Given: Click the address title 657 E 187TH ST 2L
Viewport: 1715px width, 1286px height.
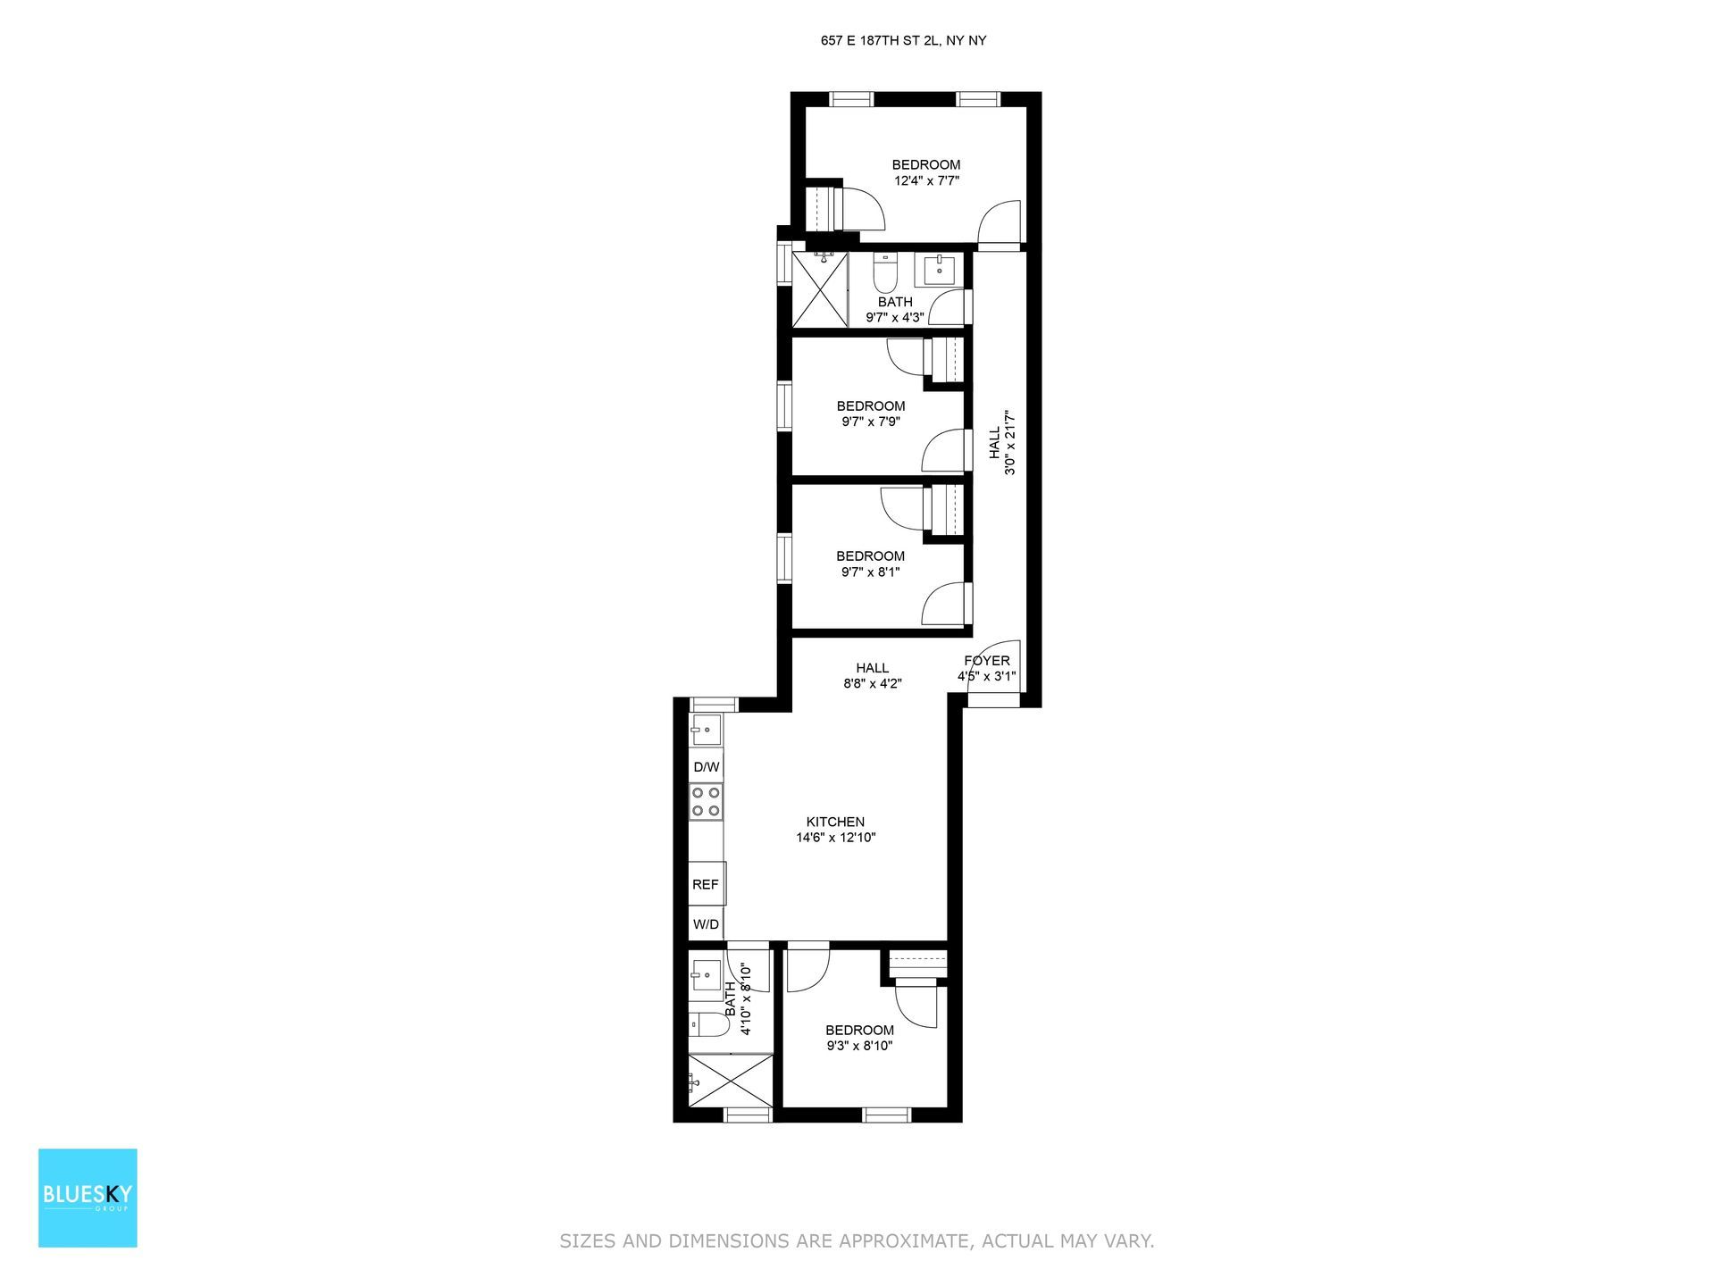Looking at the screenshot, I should pos(903,40).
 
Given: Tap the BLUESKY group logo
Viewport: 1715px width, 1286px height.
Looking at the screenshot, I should pos(88,1198).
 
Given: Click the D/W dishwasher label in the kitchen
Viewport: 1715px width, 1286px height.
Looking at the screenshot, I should pos(706,767).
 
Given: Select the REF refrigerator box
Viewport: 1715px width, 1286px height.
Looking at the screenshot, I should pos(706,884).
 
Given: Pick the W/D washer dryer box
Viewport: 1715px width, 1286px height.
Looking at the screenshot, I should pos(706,924).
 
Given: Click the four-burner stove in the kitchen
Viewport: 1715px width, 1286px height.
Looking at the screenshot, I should pos(706,801).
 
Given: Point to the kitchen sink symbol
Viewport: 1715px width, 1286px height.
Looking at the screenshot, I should pos(706,730).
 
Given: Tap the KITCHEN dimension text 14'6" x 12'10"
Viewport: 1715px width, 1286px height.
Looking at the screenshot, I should pos(835,838).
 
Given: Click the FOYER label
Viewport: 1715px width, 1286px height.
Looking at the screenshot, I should pos(986,661).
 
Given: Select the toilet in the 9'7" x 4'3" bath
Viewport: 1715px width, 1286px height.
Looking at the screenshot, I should pos(885,274).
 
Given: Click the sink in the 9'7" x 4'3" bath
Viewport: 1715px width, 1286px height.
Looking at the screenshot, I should pos(937,269).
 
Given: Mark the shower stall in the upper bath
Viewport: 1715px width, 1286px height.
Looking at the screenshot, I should pos(819,290).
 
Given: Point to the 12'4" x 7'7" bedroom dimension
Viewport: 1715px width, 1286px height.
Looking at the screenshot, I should pos(926,180).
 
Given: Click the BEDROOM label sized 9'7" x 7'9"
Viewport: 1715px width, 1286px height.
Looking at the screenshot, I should pos(870,406).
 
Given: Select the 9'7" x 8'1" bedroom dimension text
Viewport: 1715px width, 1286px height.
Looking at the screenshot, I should pos(870,572).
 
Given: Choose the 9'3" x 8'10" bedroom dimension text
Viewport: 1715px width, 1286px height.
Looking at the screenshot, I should pos(859,1046).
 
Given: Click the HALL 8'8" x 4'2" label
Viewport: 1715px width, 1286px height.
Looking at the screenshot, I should pos(872,668).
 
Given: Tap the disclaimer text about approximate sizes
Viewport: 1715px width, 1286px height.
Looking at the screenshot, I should pos(857,1240).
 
